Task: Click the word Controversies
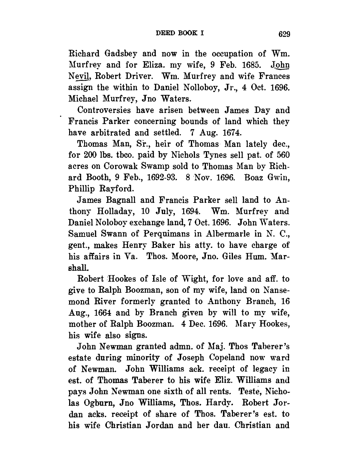104,110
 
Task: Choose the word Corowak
120,166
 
